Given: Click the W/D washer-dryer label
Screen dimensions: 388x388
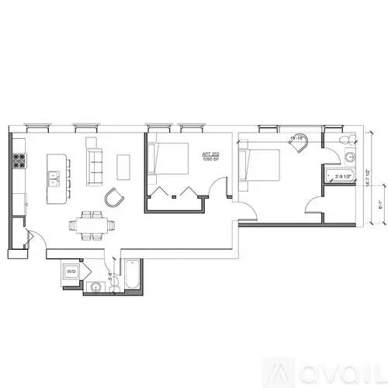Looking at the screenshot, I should (71, 272).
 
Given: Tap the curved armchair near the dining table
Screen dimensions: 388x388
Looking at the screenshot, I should (115, 198).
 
